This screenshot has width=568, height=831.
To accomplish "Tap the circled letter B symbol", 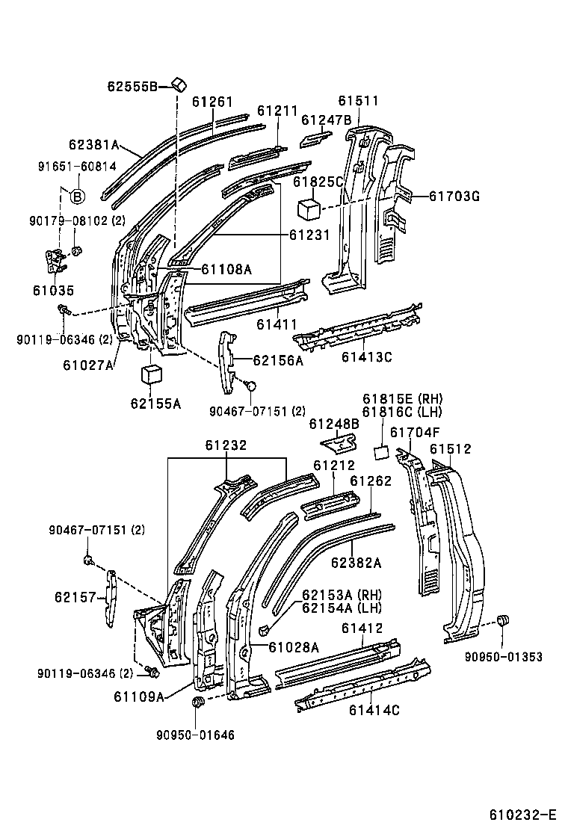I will point(78,197).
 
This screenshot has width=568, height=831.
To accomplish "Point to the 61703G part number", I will point(454,197).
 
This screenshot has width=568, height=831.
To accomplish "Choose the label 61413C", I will point(367,356).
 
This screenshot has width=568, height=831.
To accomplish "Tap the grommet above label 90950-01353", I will point(503,620).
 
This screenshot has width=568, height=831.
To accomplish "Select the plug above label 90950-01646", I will point(199,702).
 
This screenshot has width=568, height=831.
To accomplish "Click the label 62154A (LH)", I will point(342,608).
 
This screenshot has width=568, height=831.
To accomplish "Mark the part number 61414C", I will point(374,710).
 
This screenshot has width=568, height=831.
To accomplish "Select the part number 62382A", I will point(356,563).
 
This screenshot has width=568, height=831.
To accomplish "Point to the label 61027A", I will point(88,365).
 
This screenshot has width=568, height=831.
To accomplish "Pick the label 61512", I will point(451,448).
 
